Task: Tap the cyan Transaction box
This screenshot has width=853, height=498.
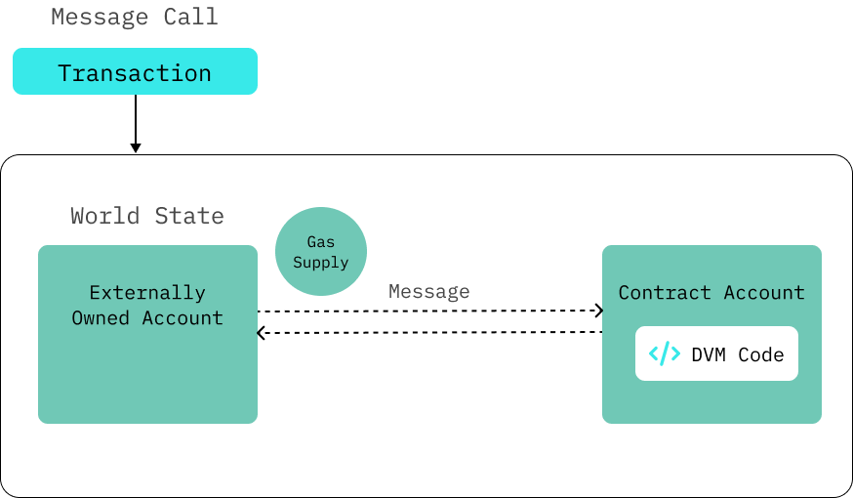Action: pos(135,72)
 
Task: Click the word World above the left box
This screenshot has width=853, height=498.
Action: pos(104,216)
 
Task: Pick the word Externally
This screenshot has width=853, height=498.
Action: pos(147,292)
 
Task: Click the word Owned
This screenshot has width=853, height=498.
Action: pos(101,317)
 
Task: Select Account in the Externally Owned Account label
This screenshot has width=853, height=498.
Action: pos(183,317)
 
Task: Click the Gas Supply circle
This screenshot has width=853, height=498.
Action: pos(321,251)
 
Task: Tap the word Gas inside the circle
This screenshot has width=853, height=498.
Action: pos(321,241)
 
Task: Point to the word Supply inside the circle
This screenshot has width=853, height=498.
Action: pos(321,262)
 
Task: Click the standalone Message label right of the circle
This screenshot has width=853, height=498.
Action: pos(428,291)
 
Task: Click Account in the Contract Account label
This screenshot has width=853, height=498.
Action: pos(764,292)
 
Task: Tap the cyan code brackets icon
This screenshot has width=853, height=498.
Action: pos(665,353)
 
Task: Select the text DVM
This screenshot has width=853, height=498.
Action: pos(709,354)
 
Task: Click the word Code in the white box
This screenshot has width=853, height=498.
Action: pos(761,354)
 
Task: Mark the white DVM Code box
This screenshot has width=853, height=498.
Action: pos(716,353)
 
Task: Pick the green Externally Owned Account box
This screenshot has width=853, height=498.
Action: pos(147,371)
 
